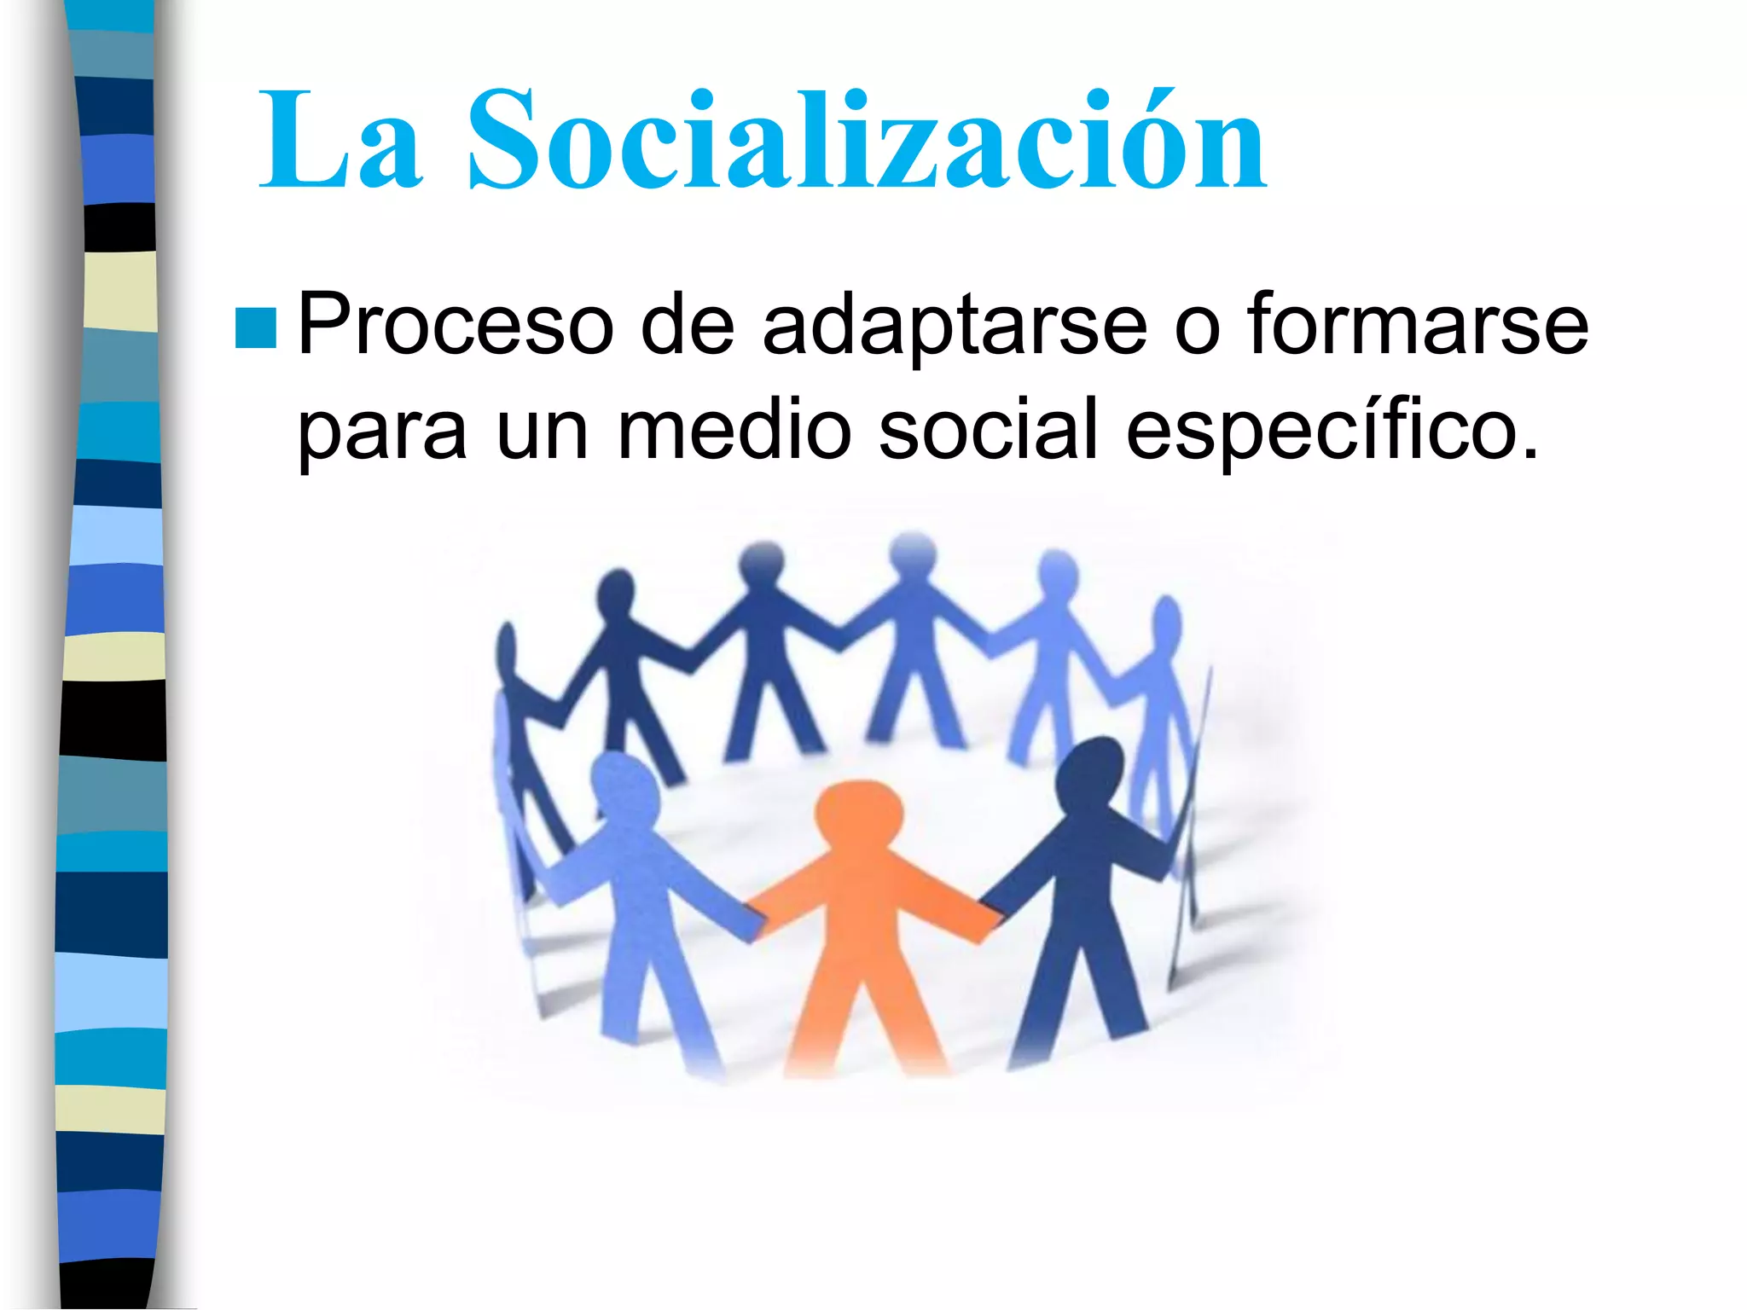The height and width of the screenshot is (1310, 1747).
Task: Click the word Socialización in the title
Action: [x=866, y=141]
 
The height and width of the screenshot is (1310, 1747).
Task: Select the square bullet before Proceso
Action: [x=255, y=327]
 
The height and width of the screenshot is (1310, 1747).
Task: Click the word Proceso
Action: [x=456, y=326]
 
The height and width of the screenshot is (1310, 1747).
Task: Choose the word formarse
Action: [x=1418, y=326]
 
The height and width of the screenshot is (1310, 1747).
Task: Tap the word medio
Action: [x=734, y=431]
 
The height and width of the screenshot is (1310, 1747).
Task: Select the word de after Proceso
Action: [x=688, y=326]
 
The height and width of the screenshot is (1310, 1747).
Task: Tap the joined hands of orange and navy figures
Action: [x=990, y=917]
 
